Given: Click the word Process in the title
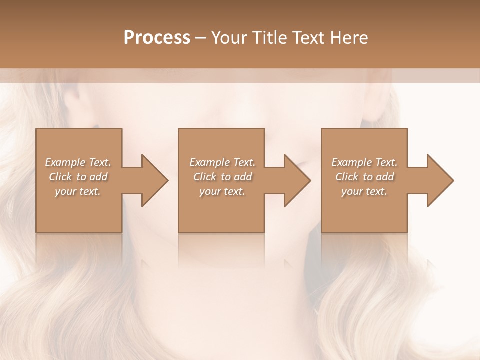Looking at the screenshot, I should pyautogui.click(x=157, y=38).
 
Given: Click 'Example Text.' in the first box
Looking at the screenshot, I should pyautogui.click(x=78, y=162).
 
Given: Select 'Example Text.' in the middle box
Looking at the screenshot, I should pyautogui.click(x=222, y=162).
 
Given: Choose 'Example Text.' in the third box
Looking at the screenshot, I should pyautogui.click(x=364, y=162).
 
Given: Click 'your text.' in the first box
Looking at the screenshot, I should pyautogui.click(x=78, y=191).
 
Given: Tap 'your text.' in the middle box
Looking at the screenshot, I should pyautogui.click(x=222, y=191).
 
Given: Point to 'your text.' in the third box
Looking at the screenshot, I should pyautogui.click(x=364, y=191).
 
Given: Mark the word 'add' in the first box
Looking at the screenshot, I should pyautogui.click(x=99, y=177).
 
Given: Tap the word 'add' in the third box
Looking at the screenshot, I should pyautogui.click(x=385, y=177).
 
